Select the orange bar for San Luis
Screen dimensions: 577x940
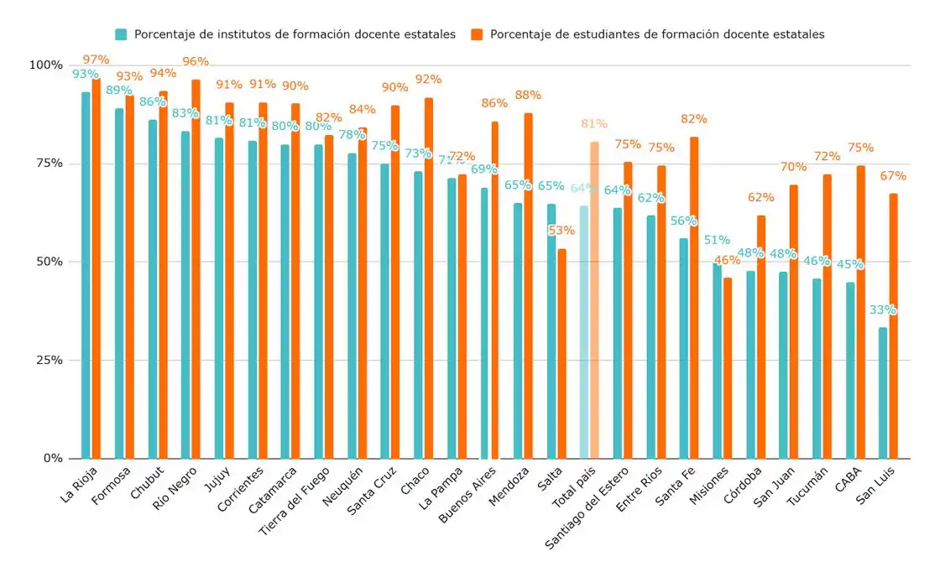[x=894, y=326]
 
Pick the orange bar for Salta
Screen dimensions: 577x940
[x=561, y=353]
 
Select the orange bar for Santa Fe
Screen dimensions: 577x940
[x=694, y=298]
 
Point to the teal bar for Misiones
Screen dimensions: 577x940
[x=717, y=361]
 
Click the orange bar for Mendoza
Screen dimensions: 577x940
[x=528, y=286]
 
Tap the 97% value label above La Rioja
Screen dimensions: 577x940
[x=96, y=60]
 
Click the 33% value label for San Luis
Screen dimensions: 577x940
[x=882, y=309]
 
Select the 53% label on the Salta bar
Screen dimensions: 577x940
[x=561, y=230]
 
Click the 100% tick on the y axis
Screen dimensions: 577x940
[x=45, y=65]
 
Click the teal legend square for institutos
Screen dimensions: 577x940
[x=121, y=34]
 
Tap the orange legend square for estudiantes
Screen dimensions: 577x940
[x=477, y=34]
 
